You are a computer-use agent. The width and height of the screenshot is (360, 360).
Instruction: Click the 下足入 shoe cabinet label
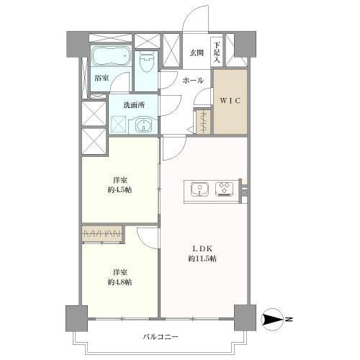(x=217, y=51)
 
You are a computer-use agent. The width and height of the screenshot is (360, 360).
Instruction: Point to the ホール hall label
(x=192, y=81)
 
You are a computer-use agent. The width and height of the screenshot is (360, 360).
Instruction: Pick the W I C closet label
(x=230, y=100)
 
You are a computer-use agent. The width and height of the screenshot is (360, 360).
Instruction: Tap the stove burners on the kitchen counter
(x=225, y=190)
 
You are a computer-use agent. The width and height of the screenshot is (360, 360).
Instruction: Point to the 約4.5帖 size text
(x=120, y=189)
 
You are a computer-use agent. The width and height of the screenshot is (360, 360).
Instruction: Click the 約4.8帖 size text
(x=120, y=282)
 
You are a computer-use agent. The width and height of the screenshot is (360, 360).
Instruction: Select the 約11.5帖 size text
(x=202, y=258)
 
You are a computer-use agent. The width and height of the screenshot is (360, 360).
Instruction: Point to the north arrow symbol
(x=271, y=318)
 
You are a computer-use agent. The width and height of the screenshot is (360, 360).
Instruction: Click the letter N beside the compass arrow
(x=289, y=318)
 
